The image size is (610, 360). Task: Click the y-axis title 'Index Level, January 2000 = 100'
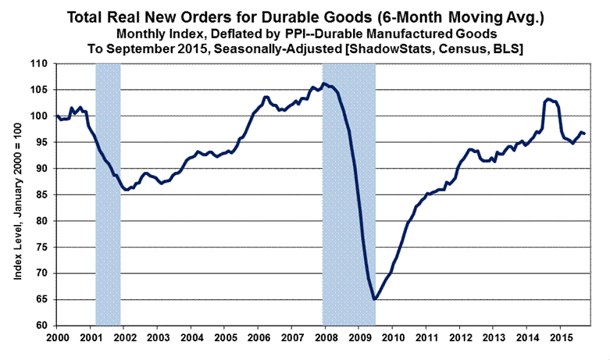(16, 194)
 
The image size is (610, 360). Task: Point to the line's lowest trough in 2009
(375, 299)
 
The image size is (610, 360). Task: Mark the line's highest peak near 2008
(324, 84)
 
